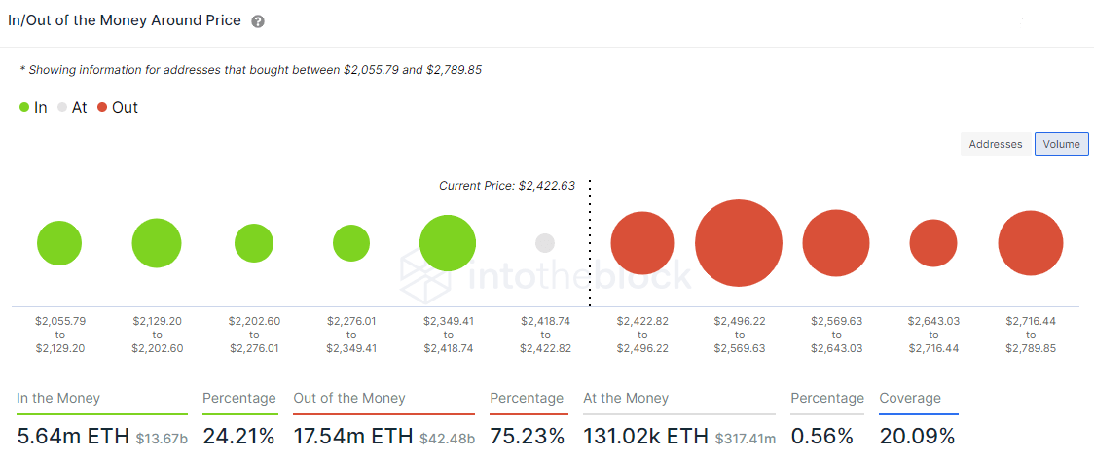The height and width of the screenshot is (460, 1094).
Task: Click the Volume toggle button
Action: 1061,144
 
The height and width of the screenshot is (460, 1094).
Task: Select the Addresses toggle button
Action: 996,144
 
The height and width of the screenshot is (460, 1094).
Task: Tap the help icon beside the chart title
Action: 258,21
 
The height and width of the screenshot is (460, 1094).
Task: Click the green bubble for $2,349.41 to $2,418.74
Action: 448,243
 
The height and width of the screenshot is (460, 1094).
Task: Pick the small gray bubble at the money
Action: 545,243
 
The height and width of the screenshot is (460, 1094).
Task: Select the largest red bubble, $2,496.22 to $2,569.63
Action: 739,243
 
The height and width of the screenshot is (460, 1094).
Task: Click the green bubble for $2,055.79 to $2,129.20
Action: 59,243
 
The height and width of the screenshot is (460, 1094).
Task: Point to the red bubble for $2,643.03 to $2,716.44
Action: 933,243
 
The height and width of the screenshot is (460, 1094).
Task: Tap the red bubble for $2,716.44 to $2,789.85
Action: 1031,243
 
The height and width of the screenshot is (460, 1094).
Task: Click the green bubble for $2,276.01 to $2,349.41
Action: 351,243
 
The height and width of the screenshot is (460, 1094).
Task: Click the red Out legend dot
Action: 101,108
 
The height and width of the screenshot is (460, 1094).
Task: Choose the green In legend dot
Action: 24,108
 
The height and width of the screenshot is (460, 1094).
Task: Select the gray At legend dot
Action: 62,108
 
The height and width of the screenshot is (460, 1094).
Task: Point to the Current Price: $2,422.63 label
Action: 507,186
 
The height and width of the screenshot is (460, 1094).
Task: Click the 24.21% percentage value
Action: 238,436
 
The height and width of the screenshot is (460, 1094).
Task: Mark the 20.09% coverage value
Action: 917,436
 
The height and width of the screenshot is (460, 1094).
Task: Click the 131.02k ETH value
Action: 645,436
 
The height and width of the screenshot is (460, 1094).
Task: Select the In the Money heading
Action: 58,398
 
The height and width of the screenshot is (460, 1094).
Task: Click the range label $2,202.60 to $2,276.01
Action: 253,334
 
